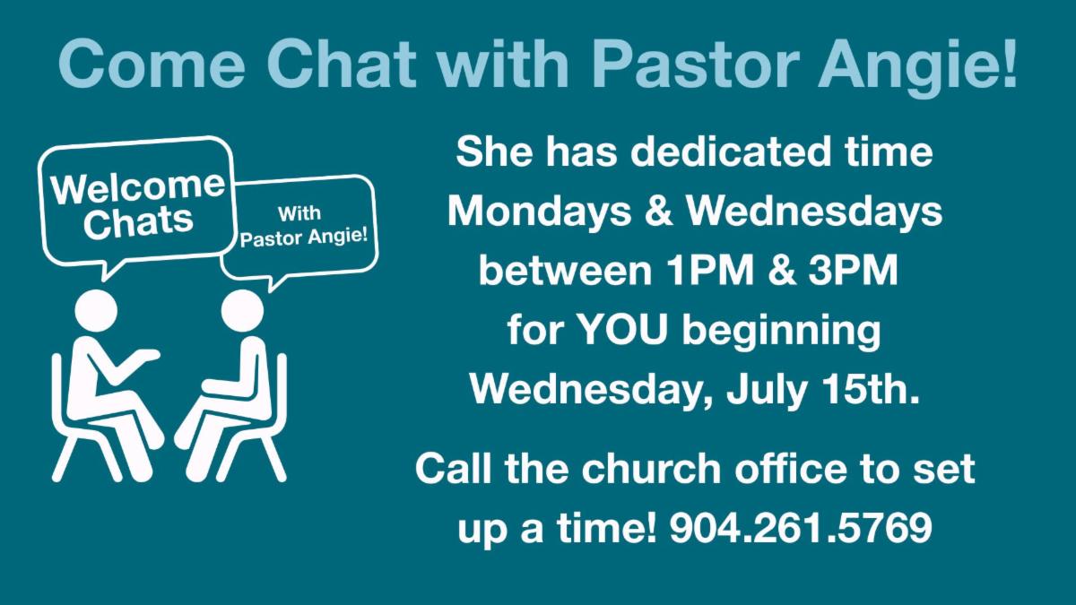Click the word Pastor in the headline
click(x=696, y=64)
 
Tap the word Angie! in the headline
click(x=917, y=67)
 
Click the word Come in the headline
click(x=152, y=64)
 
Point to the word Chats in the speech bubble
click(x=138, y=222)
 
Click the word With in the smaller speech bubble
click(x=299, y=212)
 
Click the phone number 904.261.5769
click(x=802, y=528)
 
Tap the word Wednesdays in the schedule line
click(x=814, y=212)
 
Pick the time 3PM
click(x=853, y=271)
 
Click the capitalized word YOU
click(x=622, y=330)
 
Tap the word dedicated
click(x=730, y=151)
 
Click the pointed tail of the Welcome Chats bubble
click(x=105, y=280)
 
